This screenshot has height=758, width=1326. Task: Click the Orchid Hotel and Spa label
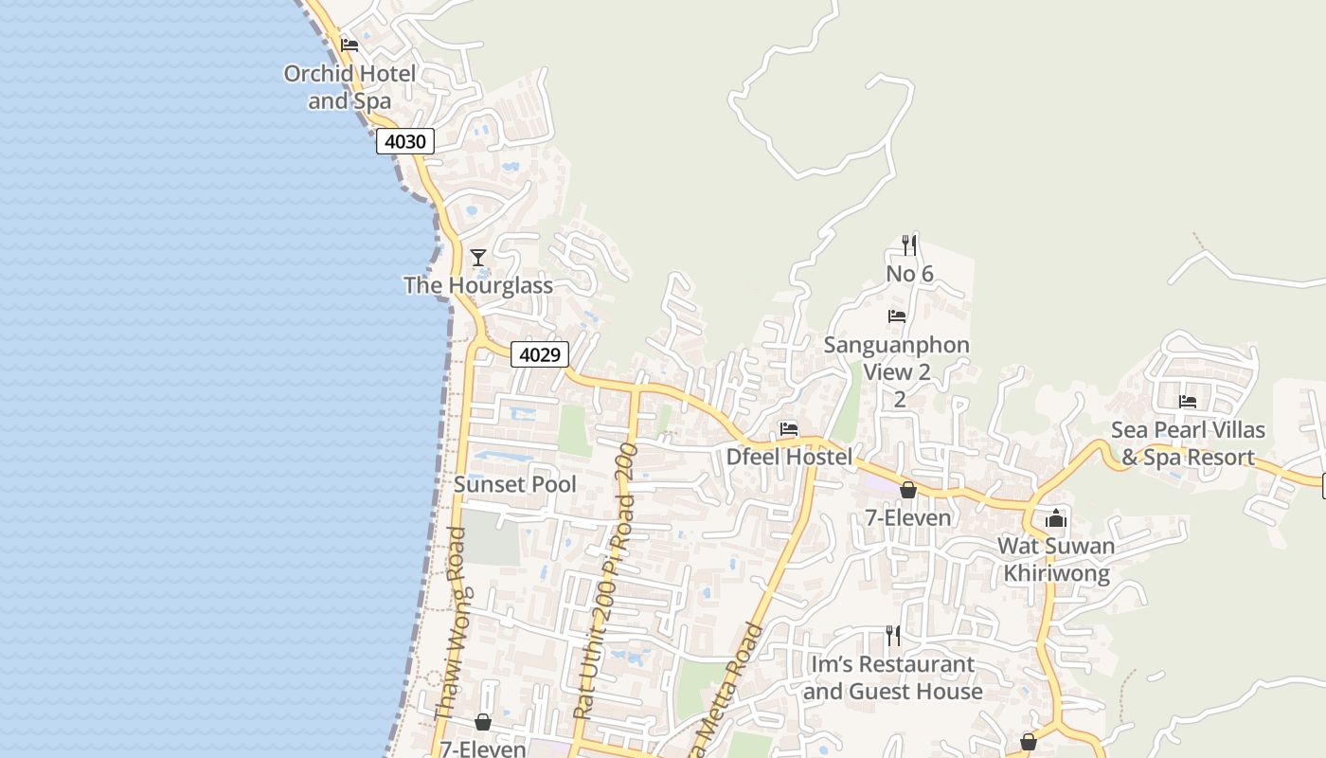click(349, 87)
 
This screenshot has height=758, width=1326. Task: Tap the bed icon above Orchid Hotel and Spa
click(349, 45)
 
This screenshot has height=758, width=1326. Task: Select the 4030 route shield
click(405, 142)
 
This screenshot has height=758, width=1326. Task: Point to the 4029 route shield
click(540, 354)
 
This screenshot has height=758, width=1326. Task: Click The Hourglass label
click(478, 285)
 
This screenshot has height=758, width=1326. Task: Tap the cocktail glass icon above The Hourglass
click(478, 257)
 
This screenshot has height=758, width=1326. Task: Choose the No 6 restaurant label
click(909, 274)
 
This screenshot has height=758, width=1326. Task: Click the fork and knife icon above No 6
click(909, 245)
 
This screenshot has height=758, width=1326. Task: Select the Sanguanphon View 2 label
click(896, 358)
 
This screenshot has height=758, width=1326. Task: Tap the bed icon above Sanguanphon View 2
click(897, 316)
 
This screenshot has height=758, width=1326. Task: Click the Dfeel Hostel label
click(789, 457)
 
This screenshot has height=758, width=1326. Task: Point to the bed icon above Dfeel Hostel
click(789, 428)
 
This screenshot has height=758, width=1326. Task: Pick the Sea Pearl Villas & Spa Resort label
click(1188, 443)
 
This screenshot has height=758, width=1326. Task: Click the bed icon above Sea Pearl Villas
click(1188, 401)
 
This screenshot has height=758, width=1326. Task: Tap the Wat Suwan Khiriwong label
click(1056, 560)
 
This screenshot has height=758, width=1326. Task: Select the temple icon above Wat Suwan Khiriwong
click(1056, 518)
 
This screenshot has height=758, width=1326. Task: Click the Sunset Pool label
click(514, 484)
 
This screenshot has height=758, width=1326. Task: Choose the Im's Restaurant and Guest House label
click(892, 677)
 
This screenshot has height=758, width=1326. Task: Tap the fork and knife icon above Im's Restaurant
click(892, 635)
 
